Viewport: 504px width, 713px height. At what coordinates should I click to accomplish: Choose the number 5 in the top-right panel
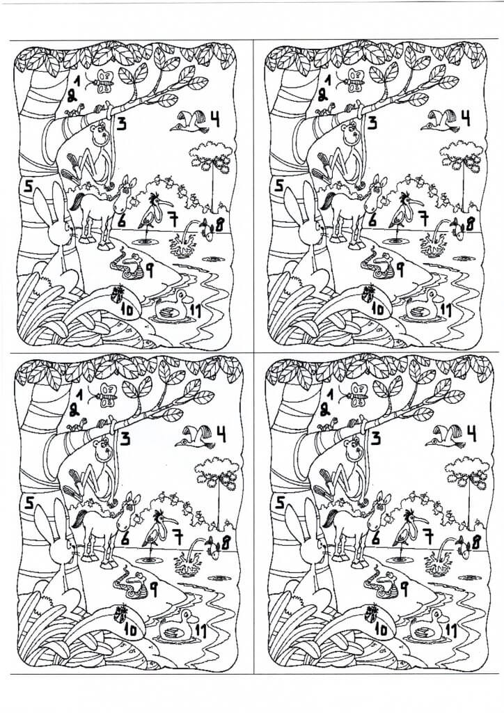tap(278, 185)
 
